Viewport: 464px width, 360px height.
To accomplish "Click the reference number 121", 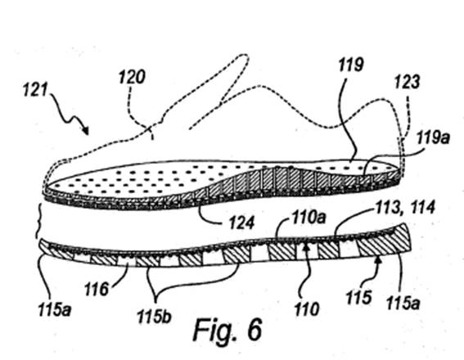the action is pyautogui.click(x=35, y=89).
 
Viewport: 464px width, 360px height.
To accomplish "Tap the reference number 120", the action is pyautogui.click(x=132, y=77).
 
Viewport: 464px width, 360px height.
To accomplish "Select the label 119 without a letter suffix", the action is pyautogui.click(x=351, y=65).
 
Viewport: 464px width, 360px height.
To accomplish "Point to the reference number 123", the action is pyautogui.click(x=408, y=82).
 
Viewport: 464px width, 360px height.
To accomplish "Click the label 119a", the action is pyautogui.click(x=433, y=137).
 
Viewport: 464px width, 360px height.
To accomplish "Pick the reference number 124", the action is pyautogui.click(x=241, y=223).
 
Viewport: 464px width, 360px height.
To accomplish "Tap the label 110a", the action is pyautogui.click(x=309, y=218).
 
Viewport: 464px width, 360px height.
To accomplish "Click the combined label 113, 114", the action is pyautogui.click(x=405, y=207).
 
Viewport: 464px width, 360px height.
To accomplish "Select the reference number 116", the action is pyautogui.click(x=97, y=289).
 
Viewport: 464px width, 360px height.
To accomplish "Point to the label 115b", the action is pyautogui.click(x=154, y=317).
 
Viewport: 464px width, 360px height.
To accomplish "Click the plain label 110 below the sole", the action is pyautogui.click(x=307, y=309).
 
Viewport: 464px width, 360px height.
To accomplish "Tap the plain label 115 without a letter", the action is pyautogui.click(x=358, y=297).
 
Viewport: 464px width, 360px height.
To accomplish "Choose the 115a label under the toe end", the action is pyautogui.click(x=55, y=310).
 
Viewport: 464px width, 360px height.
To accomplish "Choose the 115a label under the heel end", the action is pyautogui.click(x=403, y=303).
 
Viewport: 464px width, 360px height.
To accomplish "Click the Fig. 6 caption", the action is pyautogui.click(x=227, y=330).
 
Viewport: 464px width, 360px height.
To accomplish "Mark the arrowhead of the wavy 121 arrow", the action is pyautogui.click(x=87, y=132).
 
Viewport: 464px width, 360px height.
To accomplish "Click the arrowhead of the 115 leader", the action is pyautogui.click(x=378, y=259).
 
